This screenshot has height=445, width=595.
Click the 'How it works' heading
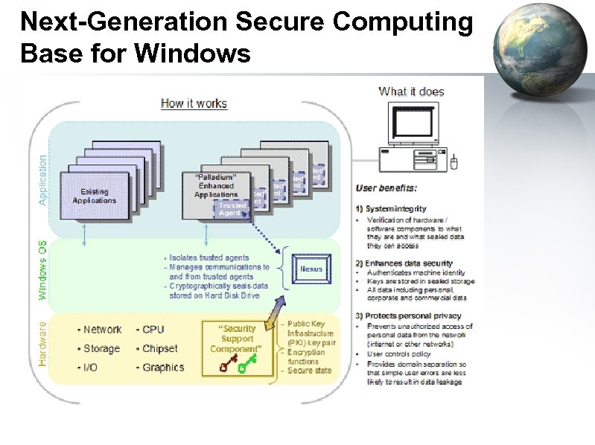[x=194, y=103]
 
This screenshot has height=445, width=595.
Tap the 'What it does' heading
[x=411, y=92]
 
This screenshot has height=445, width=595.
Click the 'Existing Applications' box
[x=94, y=196]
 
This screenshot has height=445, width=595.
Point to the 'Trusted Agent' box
[x=232, y=209]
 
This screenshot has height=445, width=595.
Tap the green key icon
[x=246, y=363]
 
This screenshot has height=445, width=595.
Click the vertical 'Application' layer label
[x=42, y=180]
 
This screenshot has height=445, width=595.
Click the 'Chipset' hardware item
[x=157, y=348]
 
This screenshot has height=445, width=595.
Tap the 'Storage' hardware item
[x=99, y=348]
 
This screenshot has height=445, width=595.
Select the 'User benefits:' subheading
[x=386, y=188]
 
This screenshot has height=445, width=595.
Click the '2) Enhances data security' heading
[x=404, y=263]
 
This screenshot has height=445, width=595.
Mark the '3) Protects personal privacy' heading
[x=408, y=316]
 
